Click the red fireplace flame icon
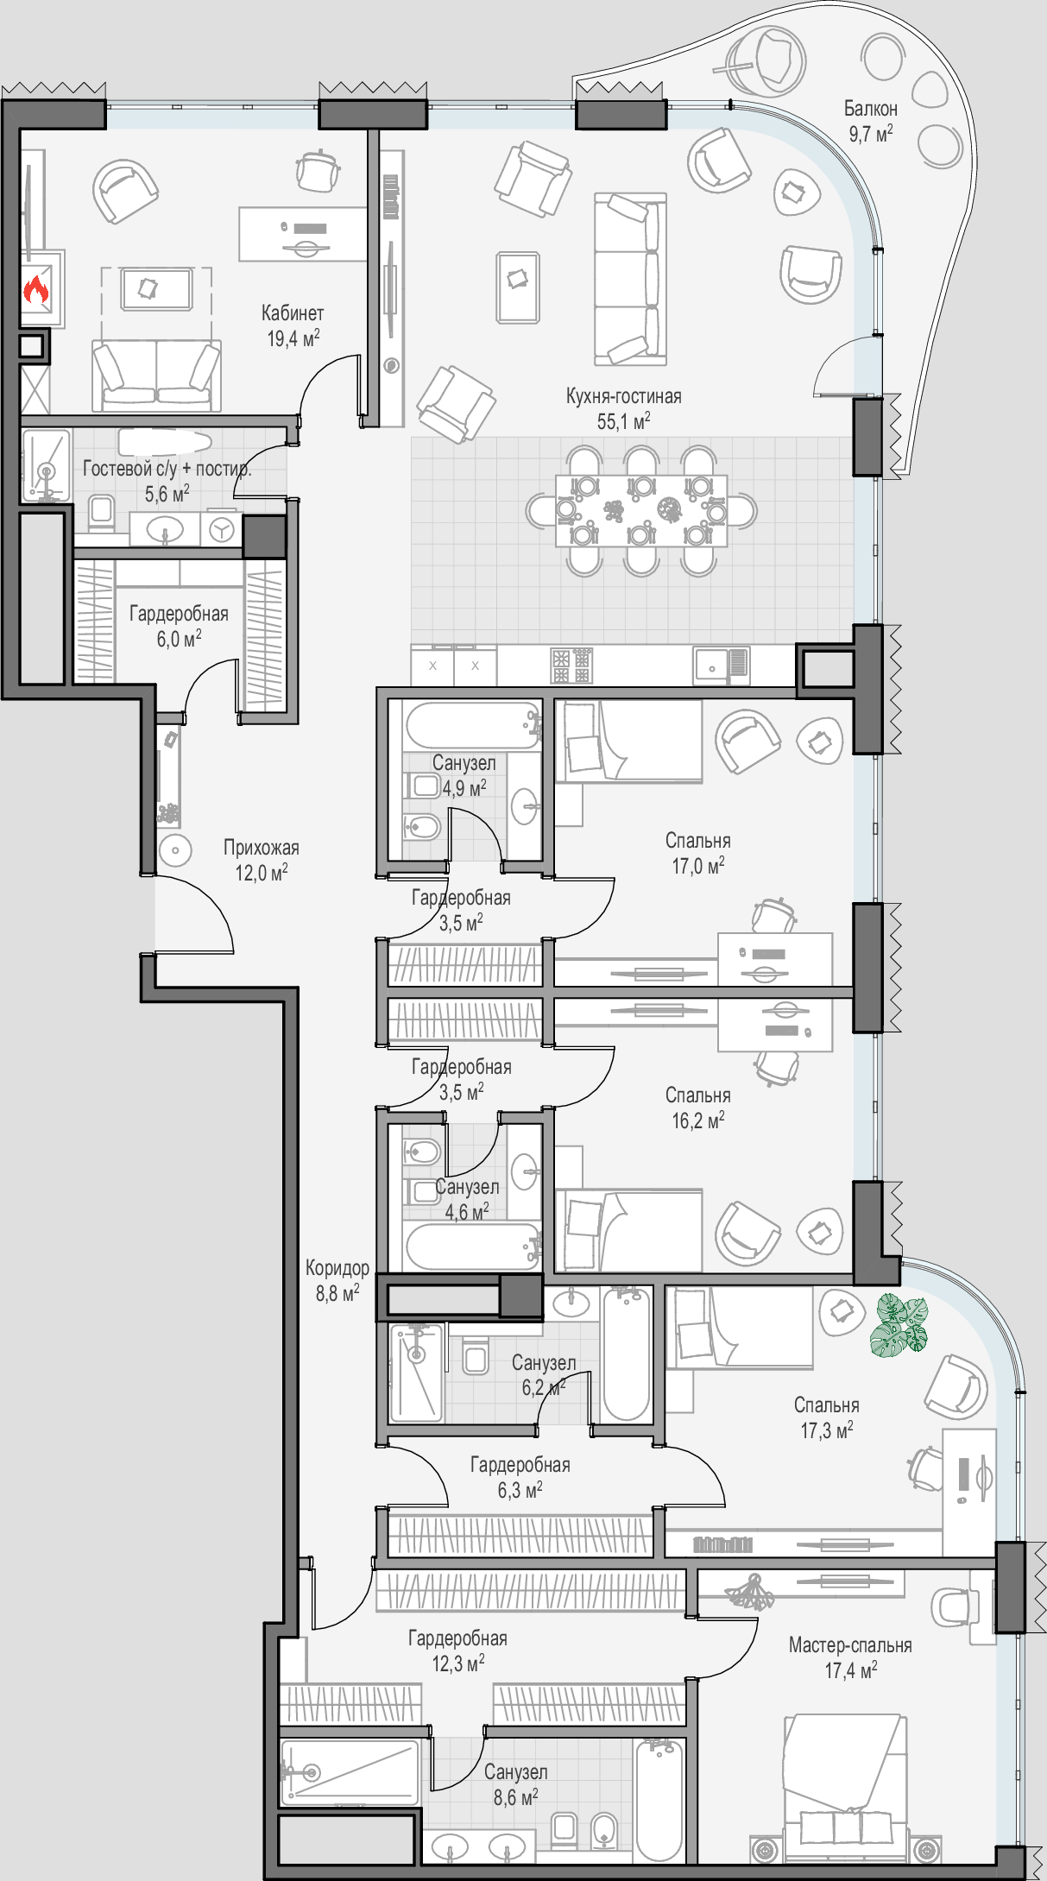click(x=35, y=289)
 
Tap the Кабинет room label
click(x=293, y=312)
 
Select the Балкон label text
click(x=870, y=109)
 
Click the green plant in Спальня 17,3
click(x=899, y=1324)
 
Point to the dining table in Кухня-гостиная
click(x=641, y=510)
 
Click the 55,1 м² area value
click(x=623, y=421)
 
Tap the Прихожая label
click(x=262, y=848)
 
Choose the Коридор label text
click(x=337, y=1268)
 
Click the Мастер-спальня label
click(x=850, y=1645)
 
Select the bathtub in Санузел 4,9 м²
click(x=473, y=726)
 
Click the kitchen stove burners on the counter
click(x=571, y=666)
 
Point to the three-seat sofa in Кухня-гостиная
click(x=630, y=279)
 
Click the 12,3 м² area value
click(x=457, y=1663)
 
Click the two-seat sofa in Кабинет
click(x=156, y=376)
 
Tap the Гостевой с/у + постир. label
click(x=167, y=469)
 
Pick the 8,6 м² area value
click(x=515, y=1797)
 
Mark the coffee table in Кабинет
click(x=156, y=289)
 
